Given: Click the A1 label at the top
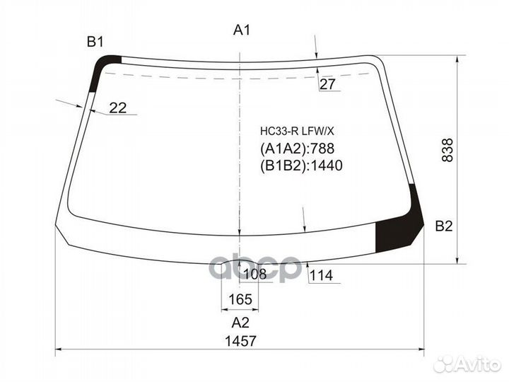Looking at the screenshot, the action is pos(242,30).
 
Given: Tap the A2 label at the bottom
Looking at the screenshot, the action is pos(240,323).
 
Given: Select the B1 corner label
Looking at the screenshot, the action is pos(95,42).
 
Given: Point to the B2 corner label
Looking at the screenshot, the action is pos(444,226).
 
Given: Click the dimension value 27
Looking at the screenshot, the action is pos(327,84).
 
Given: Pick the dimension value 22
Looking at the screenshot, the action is pos(117,108).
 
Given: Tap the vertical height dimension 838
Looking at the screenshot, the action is pos(447,150).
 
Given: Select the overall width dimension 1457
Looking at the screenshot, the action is pos(240,341).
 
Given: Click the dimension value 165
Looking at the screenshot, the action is pos(240,299).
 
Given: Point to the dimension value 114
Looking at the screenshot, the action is pos(321,276).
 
